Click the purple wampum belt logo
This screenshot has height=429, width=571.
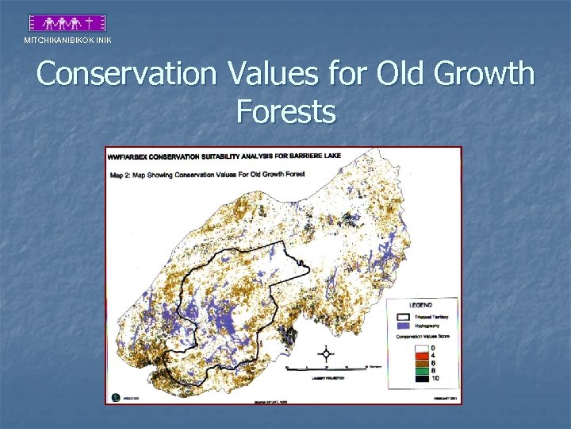tap(67, 23)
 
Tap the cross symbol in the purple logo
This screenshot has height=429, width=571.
tap(94, 23)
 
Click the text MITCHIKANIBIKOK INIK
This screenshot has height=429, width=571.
tap(67, 41)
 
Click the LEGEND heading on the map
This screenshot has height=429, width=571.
tap(420, 306)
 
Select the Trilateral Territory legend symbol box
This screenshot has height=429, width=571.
tap(402, 316)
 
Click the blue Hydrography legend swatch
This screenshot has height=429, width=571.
tap(402, 326)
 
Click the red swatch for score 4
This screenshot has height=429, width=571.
tap(421, 355)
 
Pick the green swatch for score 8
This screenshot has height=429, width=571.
tap(421, 370)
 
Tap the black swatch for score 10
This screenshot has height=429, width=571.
tap(421, 378)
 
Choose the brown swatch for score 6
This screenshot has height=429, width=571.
tap(421, 363)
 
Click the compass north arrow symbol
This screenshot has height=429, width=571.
tap(325, 353)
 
